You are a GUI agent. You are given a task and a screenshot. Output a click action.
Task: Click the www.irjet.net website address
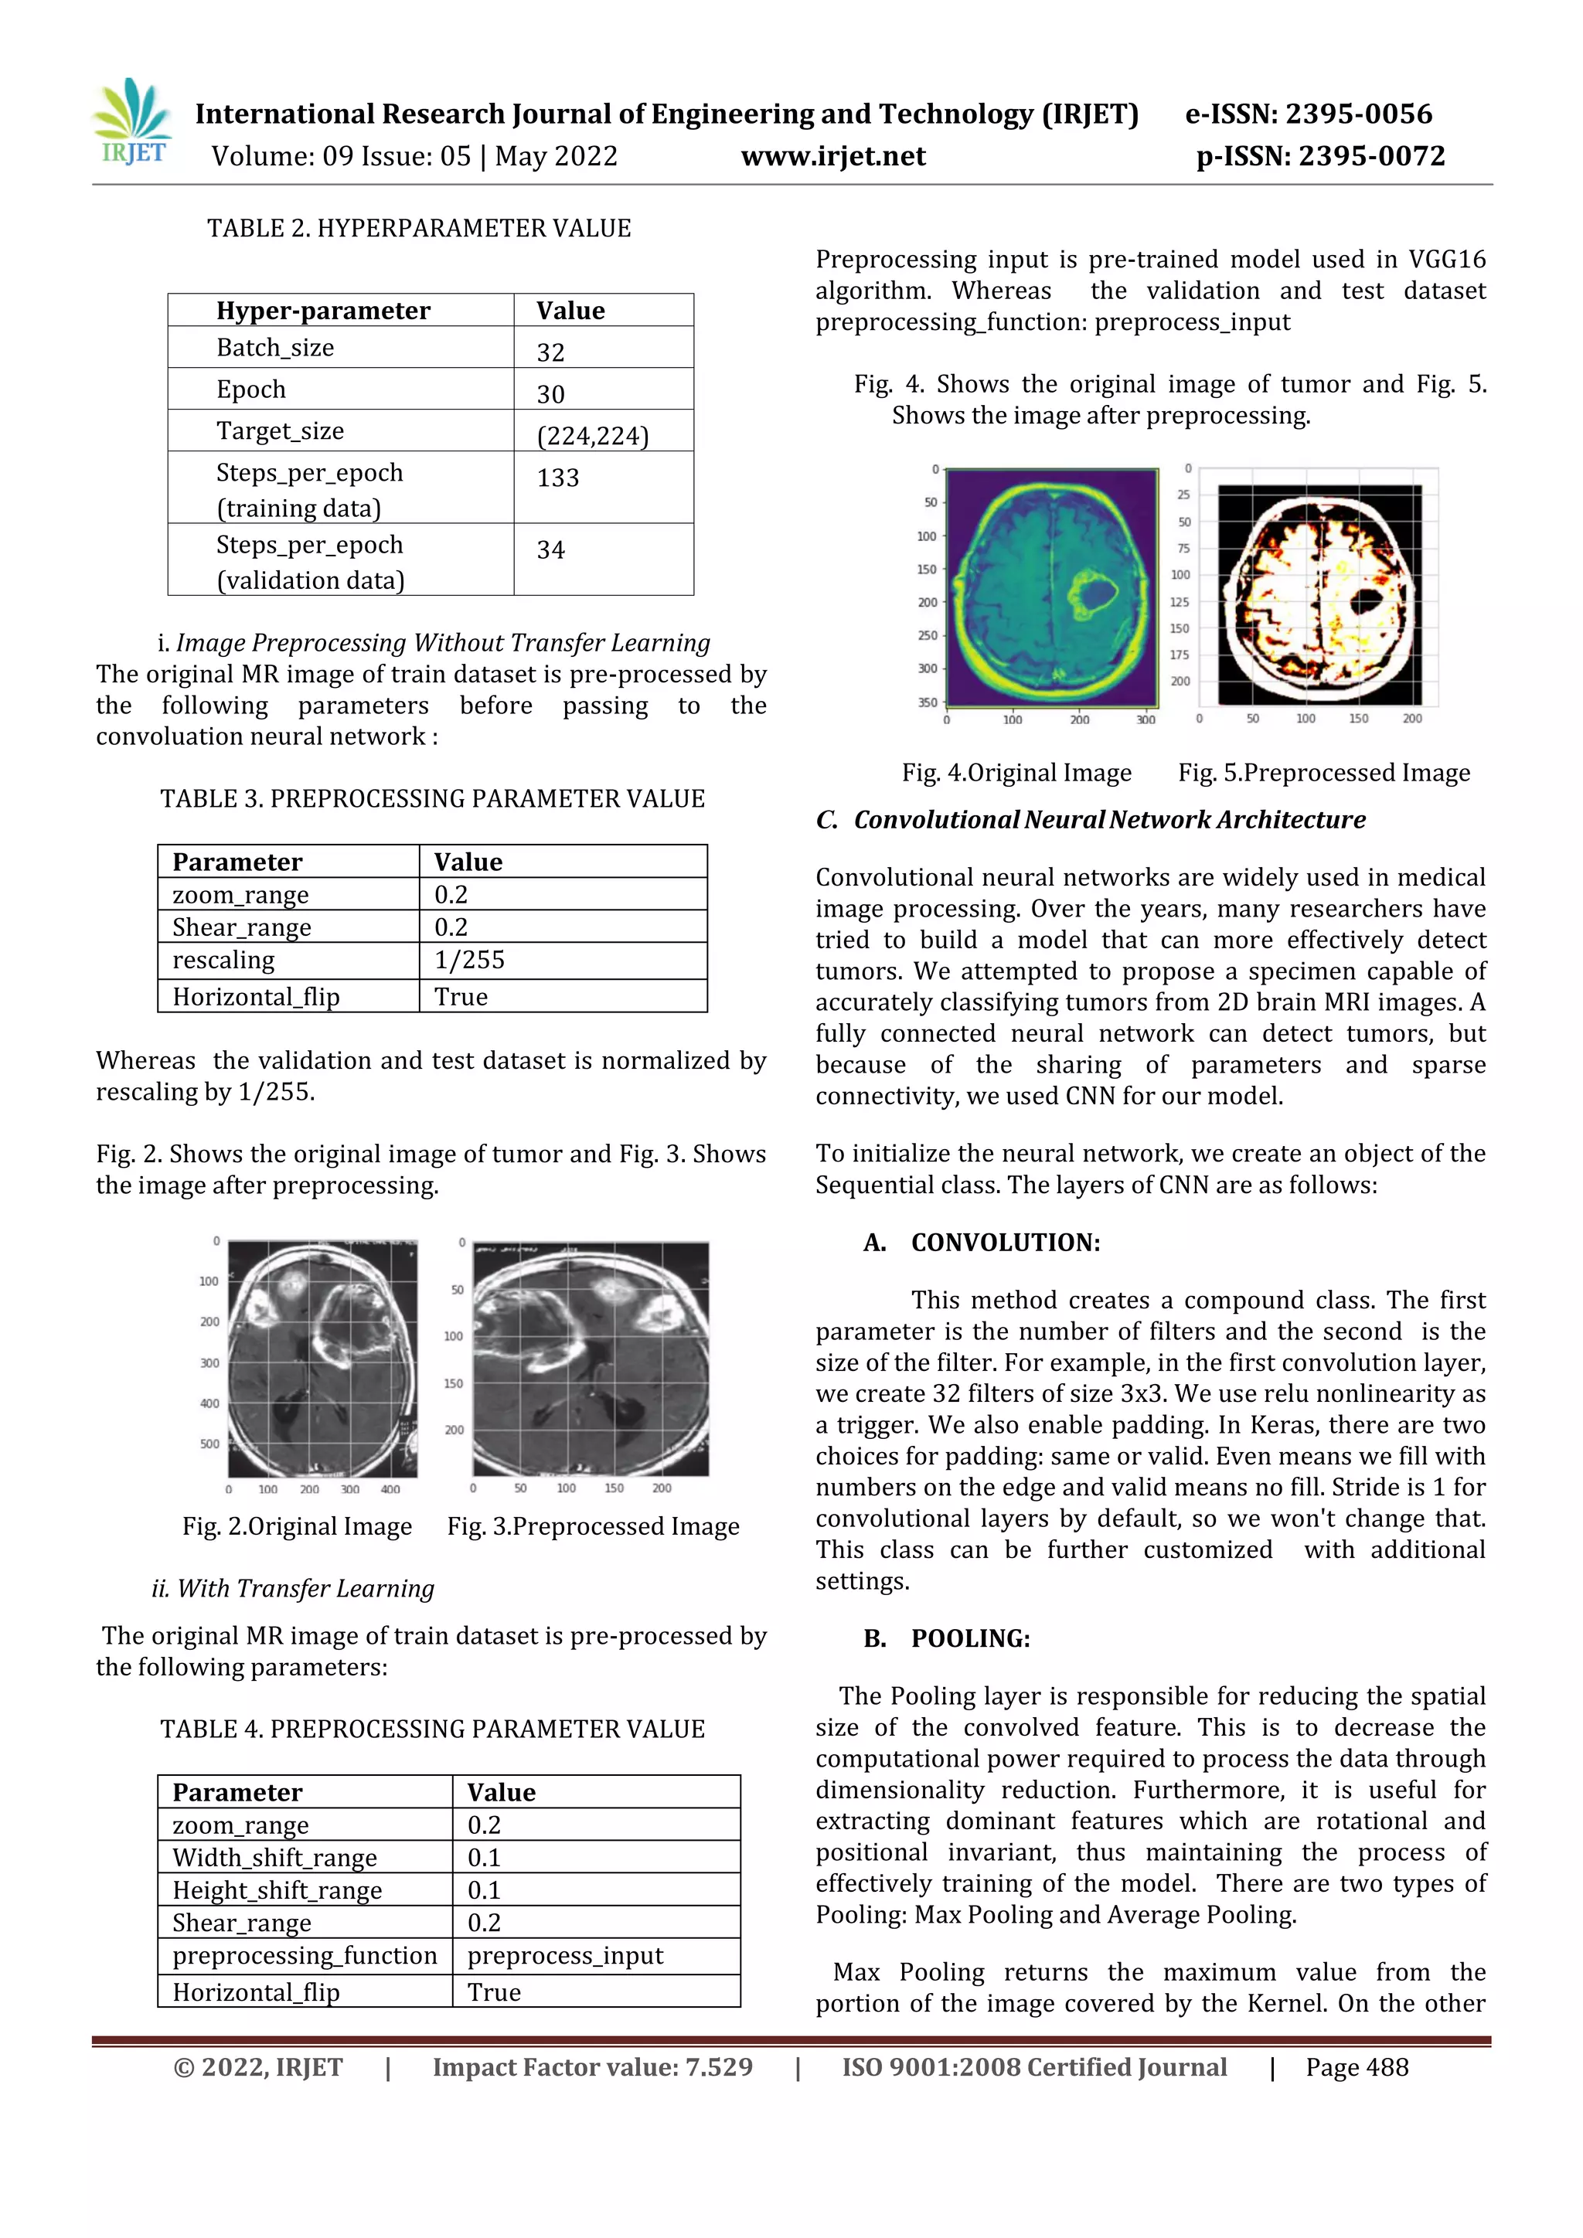(832, 156)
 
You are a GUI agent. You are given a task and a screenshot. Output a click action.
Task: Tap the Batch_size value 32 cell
(551, 352)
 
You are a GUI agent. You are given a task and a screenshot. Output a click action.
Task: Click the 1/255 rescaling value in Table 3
(469, 960)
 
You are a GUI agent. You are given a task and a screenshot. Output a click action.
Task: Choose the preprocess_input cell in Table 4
(564, 1955)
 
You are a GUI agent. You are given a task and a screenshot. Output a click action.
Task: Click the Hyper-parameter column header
(322, 311)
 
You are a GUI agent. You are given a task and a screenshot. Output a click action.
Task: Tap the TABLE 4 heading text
(432, 1730)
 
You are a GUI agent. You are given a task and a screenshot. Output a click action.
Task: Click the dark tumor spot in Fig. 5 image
(1366, 600)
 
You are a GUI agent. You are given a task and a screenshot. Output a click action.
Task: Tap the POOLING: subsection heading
(970, 1638)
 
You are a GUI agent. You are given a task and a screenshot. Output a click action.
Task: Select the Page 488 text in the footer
(1357, 2067)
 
